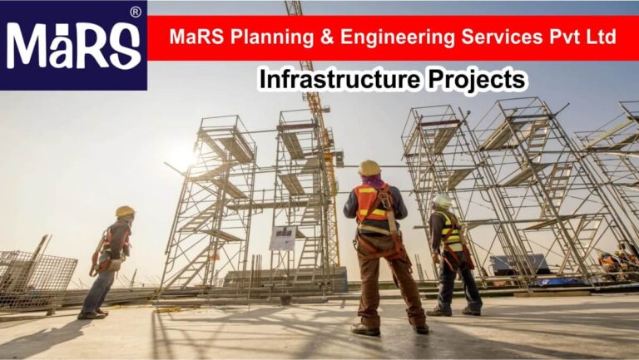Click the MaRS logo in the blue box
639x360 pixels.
click(x=73, y=46)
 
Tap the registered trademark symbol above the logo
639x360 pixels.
click(x=135, y=12)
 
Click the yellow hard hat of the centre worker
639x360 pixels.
click(x=369, y=168)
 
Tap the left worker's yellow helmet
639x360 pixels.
click(x=125, y=211)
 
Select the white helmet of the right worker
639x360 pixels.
click(x=442, y=201)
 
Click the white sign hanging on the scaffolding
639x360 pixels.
click(x=282, y=238)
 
